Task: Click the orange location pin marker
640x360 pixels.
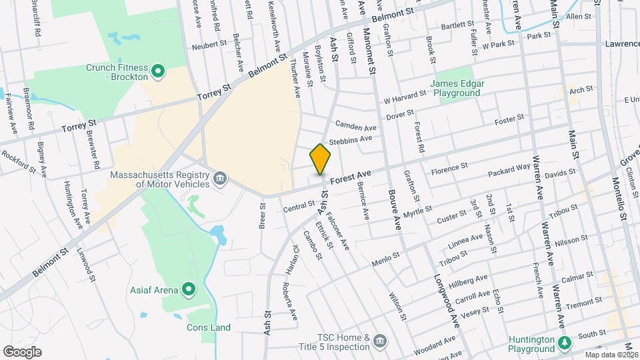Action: (x=321, y=159)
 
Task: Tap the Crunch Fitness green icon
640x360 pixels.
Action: (x=158, y=70)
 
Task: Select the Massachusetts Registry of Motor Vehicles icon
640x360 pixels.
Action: (x=220, y=178)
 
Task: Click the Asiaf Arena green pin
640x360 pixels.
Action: (x=189, y=289)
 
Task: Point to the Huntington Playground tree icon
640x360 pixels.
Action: (x=565, y=343)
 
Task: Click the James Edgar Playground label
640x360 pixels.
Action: (x=455, y=88)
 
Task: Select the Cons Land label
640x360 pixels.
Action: (x=208, y=327)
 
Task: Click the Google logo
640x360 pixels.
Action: (x=22, y=352)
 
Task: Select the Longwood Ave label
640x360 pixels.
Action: (x=447, y=300)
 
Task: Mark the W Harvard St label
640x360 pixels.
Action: (x=405, y=97)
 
